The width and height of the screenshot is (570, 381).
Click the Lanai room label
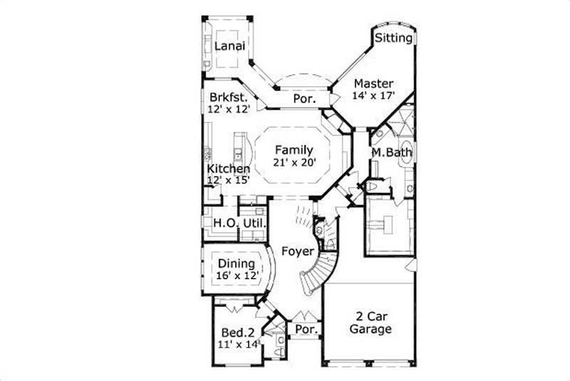click(230, 46)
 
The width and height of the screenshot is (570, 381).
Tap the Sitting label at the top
click(394, 38)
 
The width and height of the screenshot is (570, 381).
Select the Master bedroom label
click(374, 82)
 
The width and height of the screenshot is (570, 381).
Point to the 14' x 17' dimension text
click(374, 95)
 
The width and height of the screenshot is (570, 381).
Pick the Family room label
click(293, 150)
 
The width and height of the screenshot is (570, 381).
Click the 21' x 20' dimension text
click(293, 162)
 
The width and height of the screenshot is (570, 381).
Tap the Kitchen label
click(229, 169)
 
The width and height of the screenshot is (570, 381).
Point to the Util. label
click(255, 224)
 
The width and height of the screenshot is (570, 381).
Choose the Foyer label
click(296, 251)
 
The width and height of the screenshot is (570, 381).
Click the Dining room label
click(237, 263)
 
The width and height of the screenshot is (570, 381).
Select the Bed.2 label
click(238, 332)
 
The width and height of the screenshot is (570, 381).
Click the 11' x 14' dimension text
click(238, 345)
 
